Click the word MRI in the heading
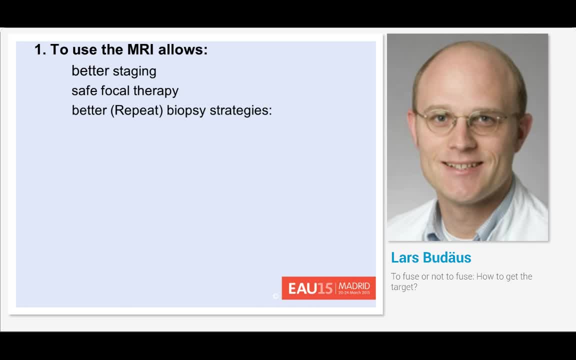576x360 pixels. (140, 49)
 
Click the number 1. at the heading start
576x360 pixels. (40, 49)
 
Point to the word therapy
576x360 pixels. (156, 91)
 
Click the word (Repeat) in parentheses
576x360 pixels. (136, 110)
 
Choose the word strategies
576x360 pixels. (240, 110)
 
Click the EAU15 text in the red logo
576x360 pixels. (310, 288)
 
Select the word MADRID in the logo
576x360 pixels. (354, 286)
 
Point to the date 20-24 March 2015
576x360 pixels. (354, 293)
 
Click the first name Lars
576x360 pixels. (405, 257)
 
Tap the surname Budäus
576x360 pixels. (447, 257)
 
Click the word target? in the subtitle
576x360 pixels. (404, 287)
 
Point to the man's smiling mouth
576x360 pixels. (462, 165)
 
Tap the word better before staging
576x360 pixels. (90, 71)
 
